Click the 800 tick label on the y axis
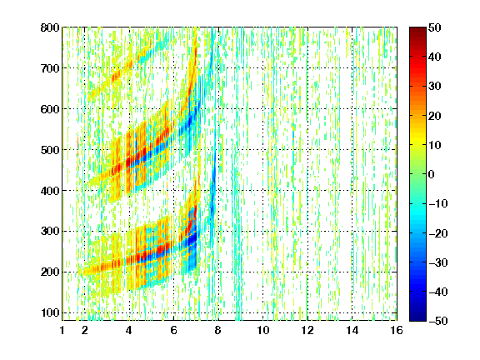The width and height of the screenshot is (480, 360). click(x=50, y=27)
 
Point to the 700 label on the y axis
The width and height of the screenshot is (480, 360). click(x=50, y=68)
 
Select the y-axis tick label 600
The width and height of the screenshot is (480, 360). click(x=50, y=109)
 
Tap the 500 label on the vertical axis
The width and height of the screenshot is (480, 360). click(x=50, y=150)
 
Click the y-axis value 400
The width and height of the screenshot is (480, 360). click(x=50, y=191)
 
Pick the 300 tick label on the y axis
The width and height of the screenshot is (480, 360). click(x=50, y=231)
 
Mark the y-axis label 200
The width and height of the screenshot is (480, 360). click(x=50, y=272)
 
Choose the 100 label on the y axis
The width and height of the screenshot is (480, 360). click(x=50, y=312)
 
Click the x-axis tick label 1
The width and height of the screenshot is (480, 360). click(x=62, y=330)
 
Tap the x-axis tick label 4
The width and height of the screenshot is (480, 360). click(x=129, y=330)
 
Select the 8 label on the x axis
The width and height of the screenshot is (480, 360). click(x=217, y=330)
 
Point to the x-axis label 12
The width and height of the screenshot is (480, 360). click(x=307, y=330)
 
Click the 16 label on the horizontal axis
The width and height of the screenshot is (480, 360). click(x=397, y=330)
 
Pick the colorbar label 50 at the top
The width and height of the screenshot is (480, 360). click(x=434, y=27)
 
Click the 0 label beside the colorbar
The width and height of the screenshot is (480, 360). click(x=432, y=174)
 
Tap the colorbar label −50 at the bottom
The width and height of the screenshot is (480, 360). click(x=438, y=321)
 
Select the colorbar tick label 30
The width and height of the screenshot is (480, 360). click(x=434, y=86)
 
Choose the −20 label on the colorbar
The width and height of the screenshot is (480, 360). click(x=438, y=233)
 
